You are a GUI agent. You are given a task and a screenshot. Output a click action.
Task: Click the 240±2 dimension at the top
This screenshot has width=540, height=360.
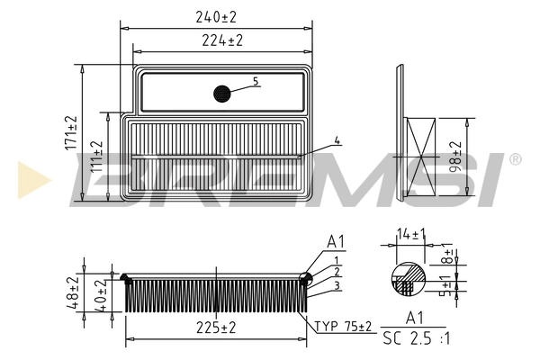tap(216, 15)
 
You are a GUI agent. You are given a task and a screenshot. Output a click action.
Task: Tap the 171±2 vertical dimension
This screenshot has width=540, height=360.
tap(71, 132)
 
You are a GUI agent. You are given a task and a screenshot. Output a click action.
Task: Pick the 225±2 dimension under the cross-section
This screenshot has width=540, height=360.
tap(215, 328)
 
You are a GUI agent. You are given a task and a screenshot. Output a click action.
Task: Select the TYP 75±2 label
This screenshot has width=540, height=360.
tap(343, 326)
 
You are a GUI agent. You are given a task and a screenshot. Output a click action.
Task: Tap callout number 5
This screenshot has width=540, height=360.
tap(256, 81)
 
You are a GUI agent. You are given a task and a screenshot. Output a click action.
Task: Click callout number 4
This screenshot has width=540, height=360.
tap(336, 140)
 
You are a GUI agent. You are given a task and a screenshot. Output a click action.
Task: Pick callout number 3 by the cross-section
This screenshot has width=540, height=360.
tap(336, 286)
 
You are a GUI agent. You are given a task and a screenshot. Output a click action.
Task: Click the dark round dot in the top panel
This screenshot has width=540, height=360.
tap(222, 93)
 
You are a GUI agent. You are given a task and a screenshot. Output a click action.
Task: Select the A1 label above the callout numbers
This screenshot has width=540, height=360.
tap(336, 242)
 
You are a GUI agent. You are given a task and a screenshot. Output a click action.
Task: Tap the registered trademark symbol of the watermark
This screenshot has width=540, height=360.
tap(514, 159)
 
